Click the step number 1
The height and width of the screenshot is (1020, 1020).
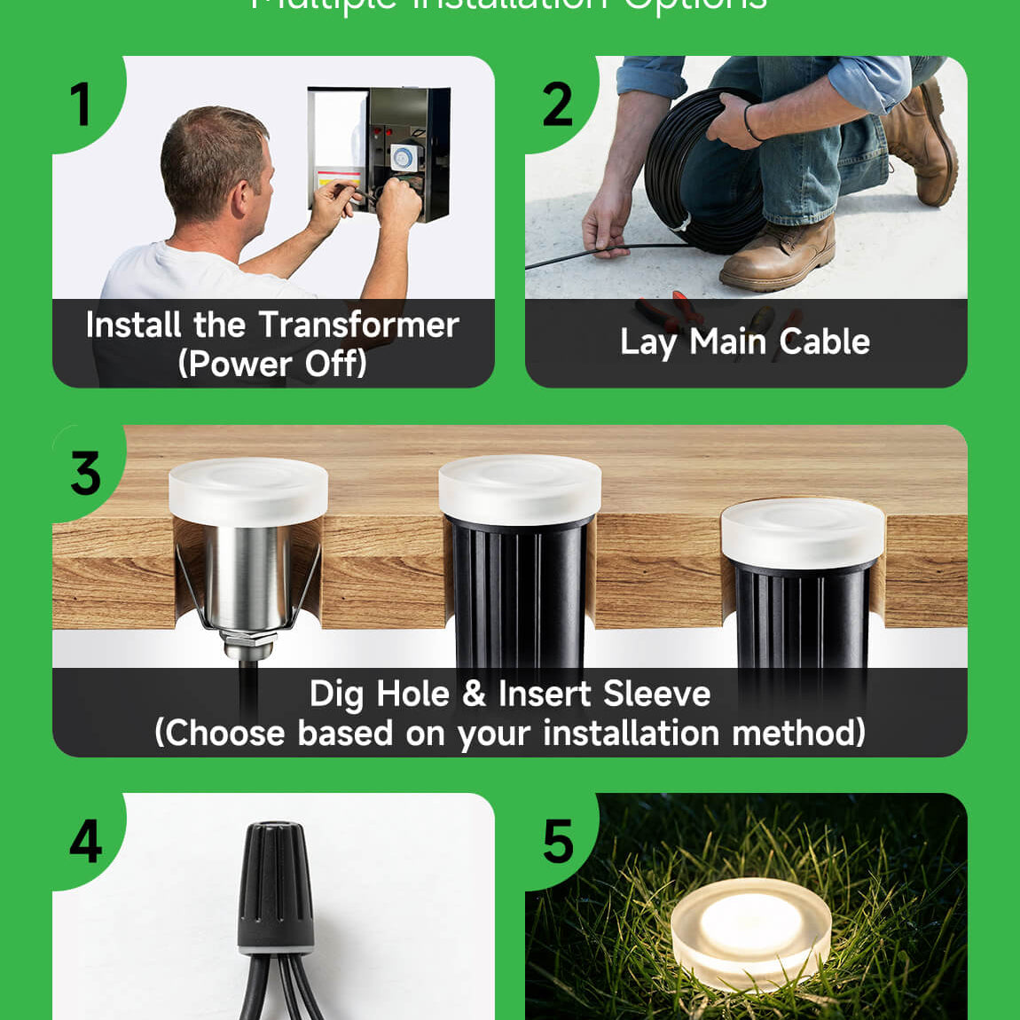pyautogui.click(x=81, y=104)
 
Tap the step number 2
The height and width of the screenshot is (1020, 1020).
pyautogui.click(x=557, y=105)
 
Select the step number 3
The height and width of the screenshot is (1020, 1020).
pyautogui.click(x=86, y=474)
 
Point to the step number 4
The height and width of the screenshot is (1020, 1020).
pyautogui.click(x=86, y=841)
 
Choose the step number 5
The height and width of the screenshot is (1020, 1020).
pyautogui.click(x=558, y=842)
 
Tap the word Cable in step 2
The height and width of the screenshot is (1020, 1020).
pyautogui.click(x=825, y=341)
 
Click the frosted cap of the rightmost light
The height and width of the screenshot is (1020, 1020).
pyautogui.click(x=803, y=531)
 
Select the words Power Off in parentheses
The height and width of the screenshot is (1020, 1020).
pyautogui.click(x=273, y=364)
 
